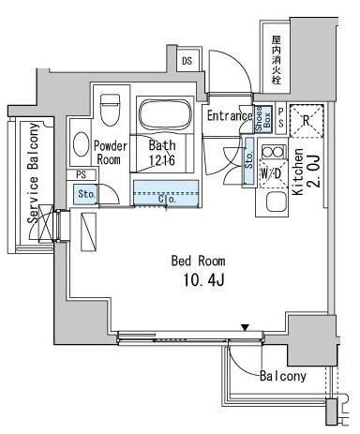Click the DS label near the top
(187, 62)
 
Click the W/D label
(272, 174)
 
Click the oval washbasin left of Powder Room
(81, 146)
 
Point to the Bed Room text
(197, 260)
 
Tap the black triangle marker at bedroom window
(245, 327)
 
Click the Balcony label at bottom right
(282, 377)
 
